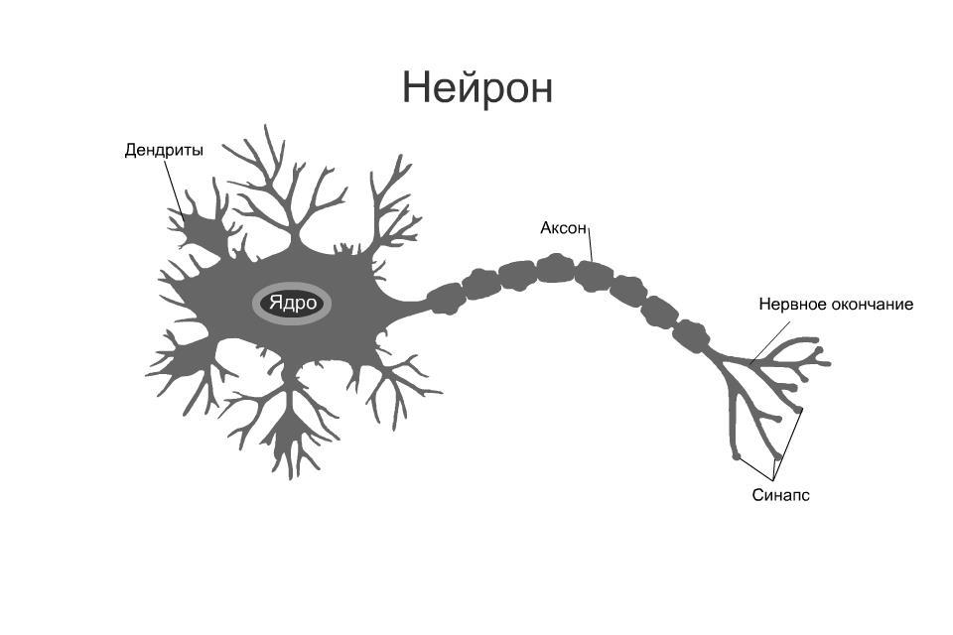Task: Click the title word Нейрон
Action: point(476,87)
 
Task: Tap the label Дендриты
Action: point(164,151)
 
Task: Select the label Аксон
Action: point(563,228)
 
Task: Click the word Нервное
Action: point(792,305)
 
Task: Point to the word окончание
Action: point(872,305)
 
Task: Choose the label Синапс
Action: point(780,494)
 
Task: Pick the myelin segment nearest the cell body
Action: point(445,298)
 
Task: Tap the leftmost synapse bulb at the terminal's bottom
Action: point(737,456)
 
